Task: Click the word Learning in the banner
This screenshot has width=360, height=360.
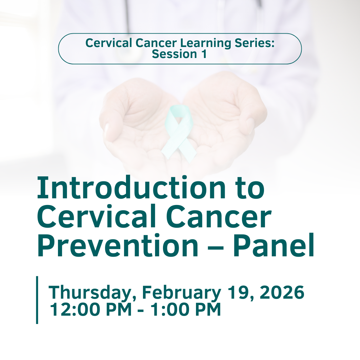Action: [x=205, y=43]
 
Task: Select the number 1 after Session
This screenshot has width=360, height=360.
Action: [x=204, y=54]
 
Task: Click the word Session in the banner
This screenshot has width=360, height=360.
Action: [x=174, y=54]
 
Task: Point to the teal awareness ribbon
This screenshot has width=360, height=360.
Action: [x=179, y=133]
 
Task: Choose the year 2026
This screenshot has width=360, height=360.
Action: [x=282, y=292]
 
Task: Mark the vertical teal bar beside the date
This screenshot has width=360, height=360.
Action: [x=37, y=300]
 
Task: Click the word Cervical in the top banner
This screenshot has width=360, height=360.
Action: [x=109, y=43]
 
